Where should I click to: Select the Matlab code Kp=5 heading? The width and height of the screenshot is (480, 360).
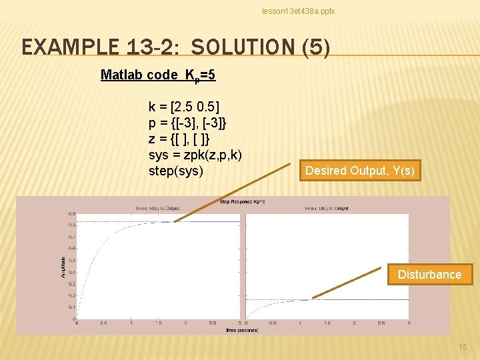click(x=158, y=75)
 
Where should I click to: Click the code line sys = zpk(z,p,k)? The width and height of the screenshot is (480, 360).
click(x=195, y=155)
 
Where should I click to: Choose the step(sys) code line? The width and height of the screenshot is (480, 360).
click(x=176, y=171)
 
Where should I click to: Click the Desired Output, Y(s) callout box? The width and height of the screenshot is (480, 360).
click(x=360, y=171)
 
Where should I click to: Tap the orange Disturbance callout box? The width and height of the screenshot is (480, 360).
click(x=429, y=275)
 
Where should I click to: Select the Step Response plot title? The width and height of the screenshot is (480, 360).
click(x=243, y=201)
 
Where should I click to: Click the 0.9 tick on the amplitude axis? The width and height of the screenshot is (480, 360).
click(x=71, y=213)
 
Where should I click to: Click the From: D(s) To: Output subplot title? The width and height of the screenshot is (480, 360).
click(x=327, y=208)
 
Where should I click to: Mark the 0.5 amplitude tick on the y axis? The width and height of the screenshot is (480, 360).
click(x=71, y=260)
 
